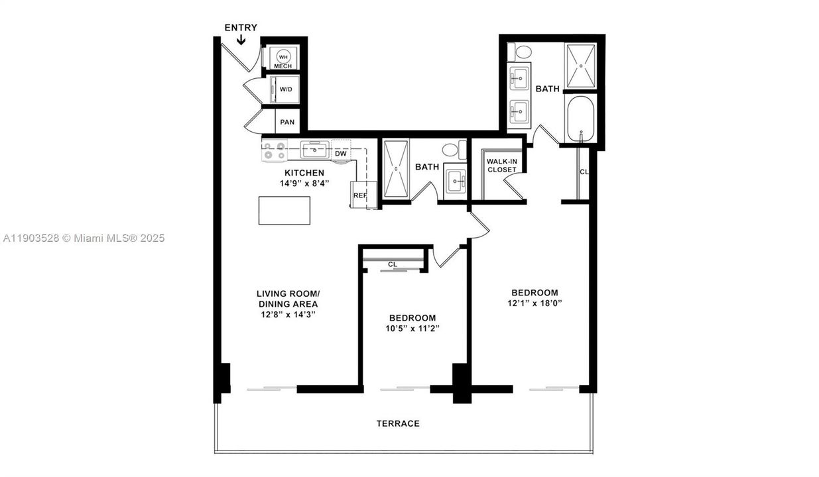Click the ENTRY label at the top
(241, 28)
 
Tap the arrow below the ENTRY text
(241, 40)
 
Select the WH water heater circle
(283, 58)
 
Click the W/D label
(286, 89)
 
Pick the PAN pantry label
(286, 122)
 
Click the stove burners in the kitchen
(273, 151)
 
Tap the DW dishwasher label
(341, 154)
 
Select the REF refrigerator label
(360, 195)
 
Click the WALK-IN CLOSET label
(501, 165)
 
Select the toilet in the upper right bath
(523, 52)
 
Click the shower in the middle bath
(396, 169)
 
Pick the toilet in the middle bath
(455, 149)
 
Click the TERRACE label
(398, 423)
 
